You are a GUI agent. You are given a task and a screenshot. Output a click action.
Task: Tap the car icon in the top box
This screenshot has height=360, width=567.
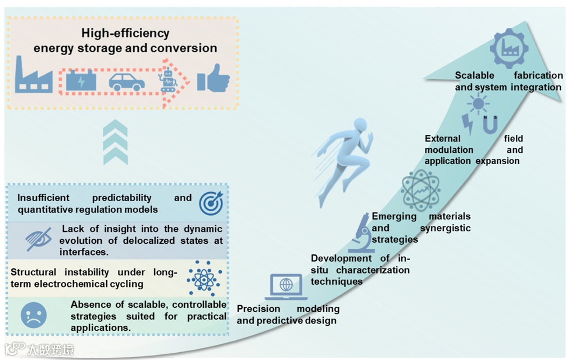point(126,82)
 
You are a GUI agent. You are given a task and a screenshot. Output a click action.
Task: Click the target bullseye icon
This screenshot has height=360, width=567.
point(211,203)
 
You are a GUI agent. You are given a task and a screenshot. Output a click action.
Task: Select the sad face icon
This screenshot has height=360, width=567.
point(34,316)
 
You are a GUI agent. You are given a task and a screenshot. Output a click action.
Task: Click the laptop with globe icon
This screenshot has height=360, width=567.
point(286,286)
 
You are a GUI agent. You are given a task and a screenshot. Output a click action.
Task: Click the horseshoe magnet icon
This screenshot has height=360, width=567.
point(490,125)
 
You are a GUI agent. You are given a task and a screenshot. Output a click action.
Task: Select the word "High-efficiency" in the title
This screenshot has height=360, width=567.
point(125,33)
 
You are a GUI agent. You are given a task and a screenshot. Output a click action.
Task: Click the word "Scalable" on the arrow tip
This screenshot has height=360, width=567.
point(474,75)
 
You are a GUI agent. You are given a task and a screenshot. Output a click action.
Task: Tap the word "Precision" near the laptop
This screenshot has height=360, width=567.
point(258,309)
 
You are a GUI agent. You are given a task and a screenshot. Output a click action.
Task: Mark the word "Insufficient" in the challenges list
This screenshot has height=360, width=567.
point(43,198)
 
